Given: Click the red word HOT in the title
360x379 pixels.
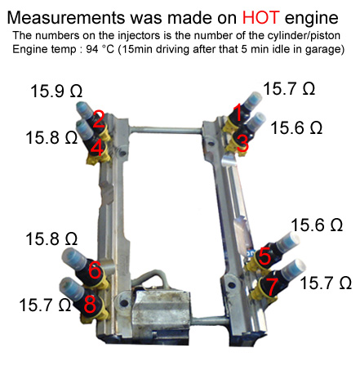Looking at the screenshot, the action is point(260,18).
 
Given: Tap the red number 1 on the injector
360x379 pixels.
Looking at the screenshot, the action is point(238,112).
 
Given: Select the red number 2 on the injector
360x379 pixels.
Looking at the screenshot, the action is point(99,119).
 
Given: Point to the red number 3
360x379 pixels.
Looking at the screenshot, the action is point(242,144).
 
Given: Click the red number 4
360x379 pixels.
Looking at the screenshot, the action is point(97,148).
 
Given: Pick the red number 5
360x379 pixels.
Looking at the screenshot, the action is point(264,256).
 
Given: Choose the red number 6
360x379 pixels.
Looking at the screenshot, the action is point(95,270).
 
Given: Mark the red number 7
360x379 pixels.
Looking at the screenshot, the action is point(273,286).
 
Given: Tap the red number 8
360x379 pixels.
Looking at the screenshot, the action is point(90,304).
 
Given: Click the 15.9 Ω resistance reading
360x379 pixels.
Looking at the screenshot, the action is point(56,91).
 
